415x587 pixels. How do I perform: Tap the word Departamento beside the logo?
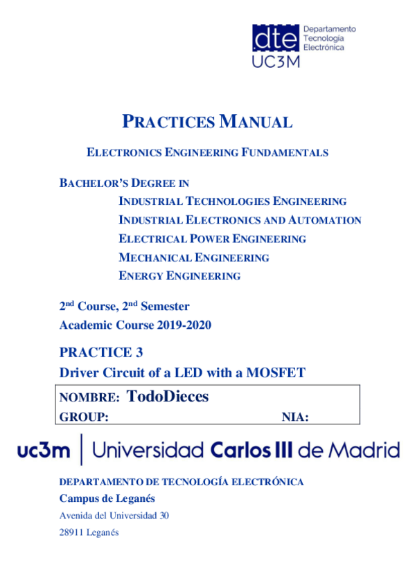click(x=330, y=29)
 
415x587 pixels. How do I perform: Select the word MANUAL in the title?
click(x=256, y=123)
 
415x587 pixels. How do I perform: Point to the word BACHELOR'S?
click(x=91, y=183)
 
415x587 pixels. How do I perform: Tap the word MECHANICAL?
click(x=154, y=258)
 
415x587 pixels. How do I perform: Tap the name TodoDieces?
click(x=168, y=397)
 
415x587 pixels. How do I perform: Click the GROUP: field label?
click(x=85, y=416)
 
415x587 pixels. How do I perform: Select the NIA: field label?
click(x=295, y=416)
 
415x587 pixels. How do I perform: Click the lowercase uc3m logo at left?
click(x=44, y=451)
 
